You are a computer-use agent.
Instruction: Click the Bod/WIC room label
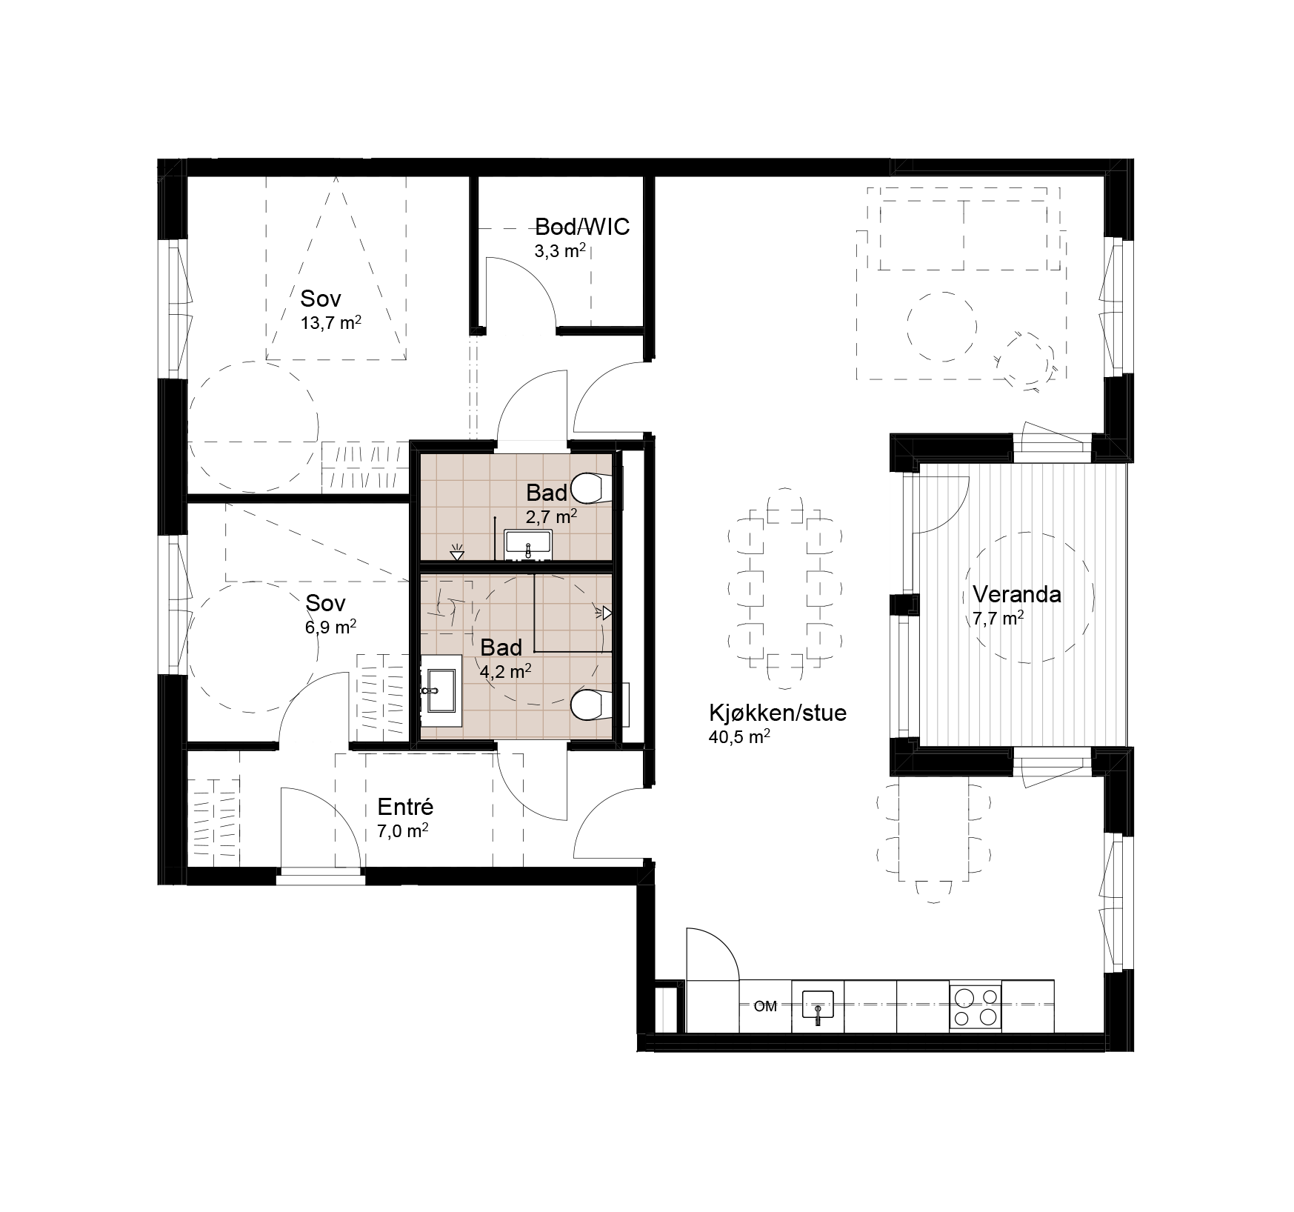(x=582, y=227)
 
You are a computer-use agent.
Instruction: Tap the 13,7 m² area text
(x=331, y=323)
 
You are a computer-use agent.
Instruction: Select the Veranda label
(x=1017, y=594)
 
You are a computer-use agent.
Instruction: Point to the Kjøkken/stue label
(x=778, y=713)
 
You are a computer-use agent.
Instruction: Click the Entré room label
(x=405, y=807)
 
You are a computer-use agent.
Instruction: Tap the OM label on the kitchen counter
(x=765, y=1006)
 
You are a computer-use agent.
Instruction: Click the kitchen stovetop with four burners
(x=975, y=1006)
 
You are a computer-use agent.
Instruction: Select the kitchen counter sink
(x=818, y=1006)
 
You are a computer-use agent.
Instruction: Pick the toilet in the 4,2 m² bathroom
(x=593, y=704)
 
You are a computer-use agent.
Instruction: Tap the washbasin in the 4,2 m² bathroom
(x=441, y=690)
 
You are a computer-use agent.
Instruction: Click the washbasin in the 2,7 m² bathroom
(x=527, y=545)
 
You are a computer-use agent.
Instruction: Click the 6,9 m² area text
(x=331, y=627)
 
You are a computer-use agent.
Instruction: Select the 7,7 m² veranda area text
(x=998, y=619)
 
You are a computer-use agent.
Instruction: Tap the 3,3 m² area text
(x=561, y=250)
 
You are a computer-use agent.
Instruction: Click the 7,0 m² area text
(x=403, y=831)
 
